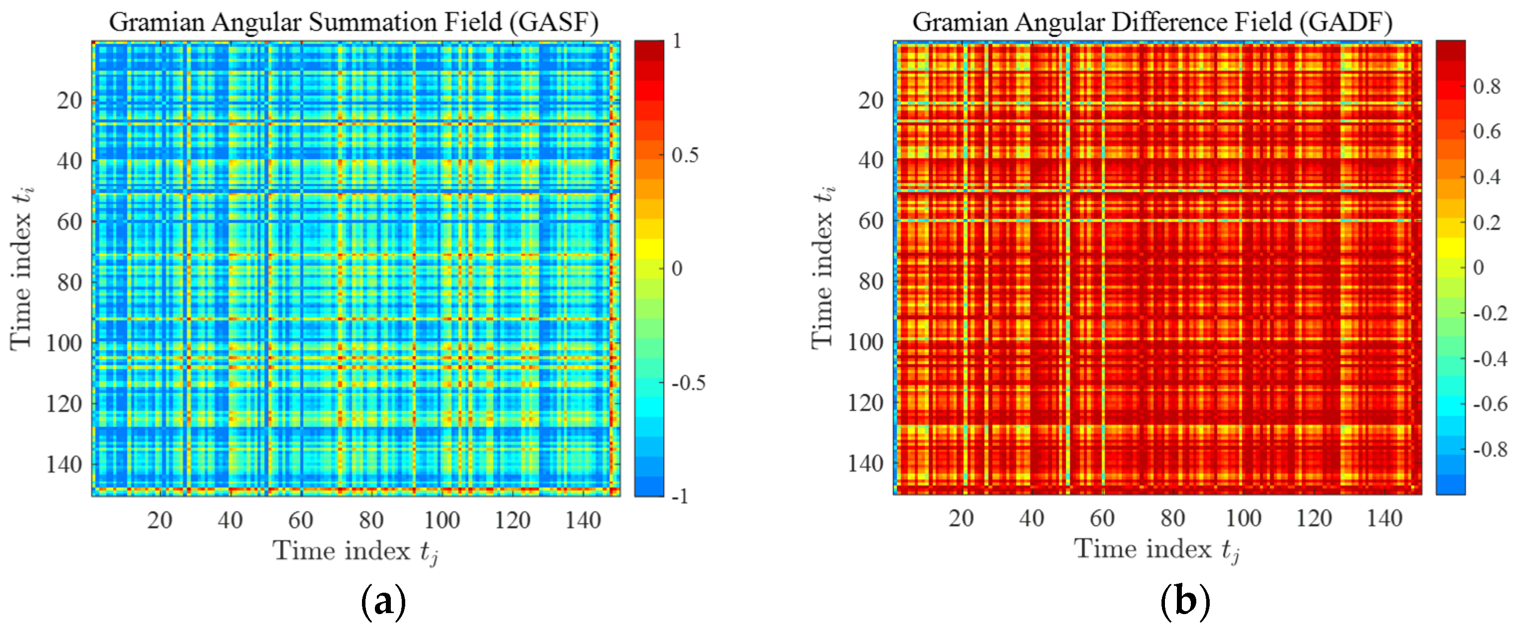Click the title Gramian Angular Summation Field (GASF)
click(353, 22)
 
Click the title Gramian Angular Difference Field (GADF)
click(1152, 22)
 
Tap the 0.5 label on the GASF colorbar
click(685, 155)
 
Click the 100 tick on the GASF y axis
click(64, 343)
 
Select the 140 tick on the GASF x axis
click(583, 520)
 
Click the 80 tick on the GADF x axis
click(1172, 518)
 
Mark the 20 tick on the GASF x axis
click(159, 520)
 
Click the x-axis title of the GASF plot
click(356, 552)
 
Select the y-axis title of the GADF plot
click(823, 268)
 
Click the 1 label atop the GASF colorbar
click(677, 41)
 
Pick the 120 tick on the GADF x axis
click(1314, 518)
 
